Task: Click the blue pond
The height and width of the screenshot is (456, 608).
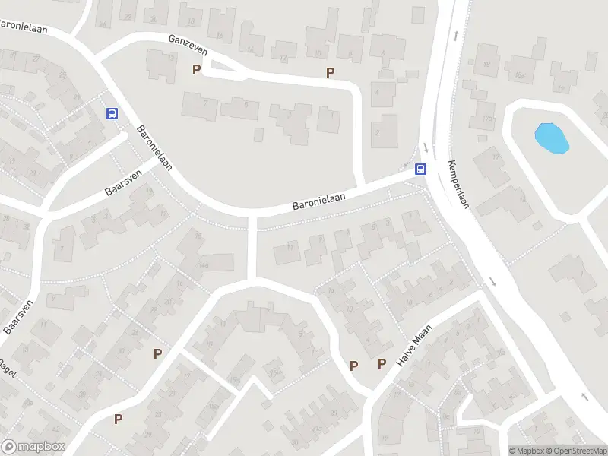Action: (551, 138)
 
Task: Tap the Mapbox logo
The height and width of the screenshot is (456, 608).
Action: (33, 447)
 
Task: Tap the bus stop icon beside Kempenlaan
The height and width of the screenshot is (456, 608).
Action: (420, 169)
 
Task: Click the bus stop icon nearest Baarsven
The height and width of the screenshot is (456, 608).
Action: (112, 113)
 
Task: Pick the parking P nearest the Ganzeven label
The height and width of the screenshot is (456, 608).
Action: (197, 70)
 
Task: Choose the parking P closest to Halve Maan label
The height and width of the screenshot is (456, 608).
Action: (382, 364)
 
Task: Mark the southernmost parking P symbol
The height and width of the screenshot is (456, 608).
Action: (119, 419)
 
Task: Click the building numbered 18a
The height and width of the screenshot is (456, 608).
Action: (519, 74)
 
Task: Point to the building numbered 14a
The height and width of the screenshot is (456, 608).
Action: (204, 263)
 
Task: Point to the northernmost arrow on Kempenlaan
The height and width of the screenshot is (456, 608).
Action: (455, 34)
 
